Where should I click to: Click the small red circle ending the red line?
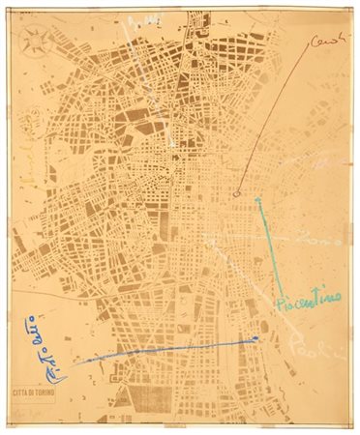(238, 193)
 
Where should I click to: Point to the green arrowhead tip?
(257, 198)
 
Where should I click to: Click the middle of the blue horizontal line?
(165, 348)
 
